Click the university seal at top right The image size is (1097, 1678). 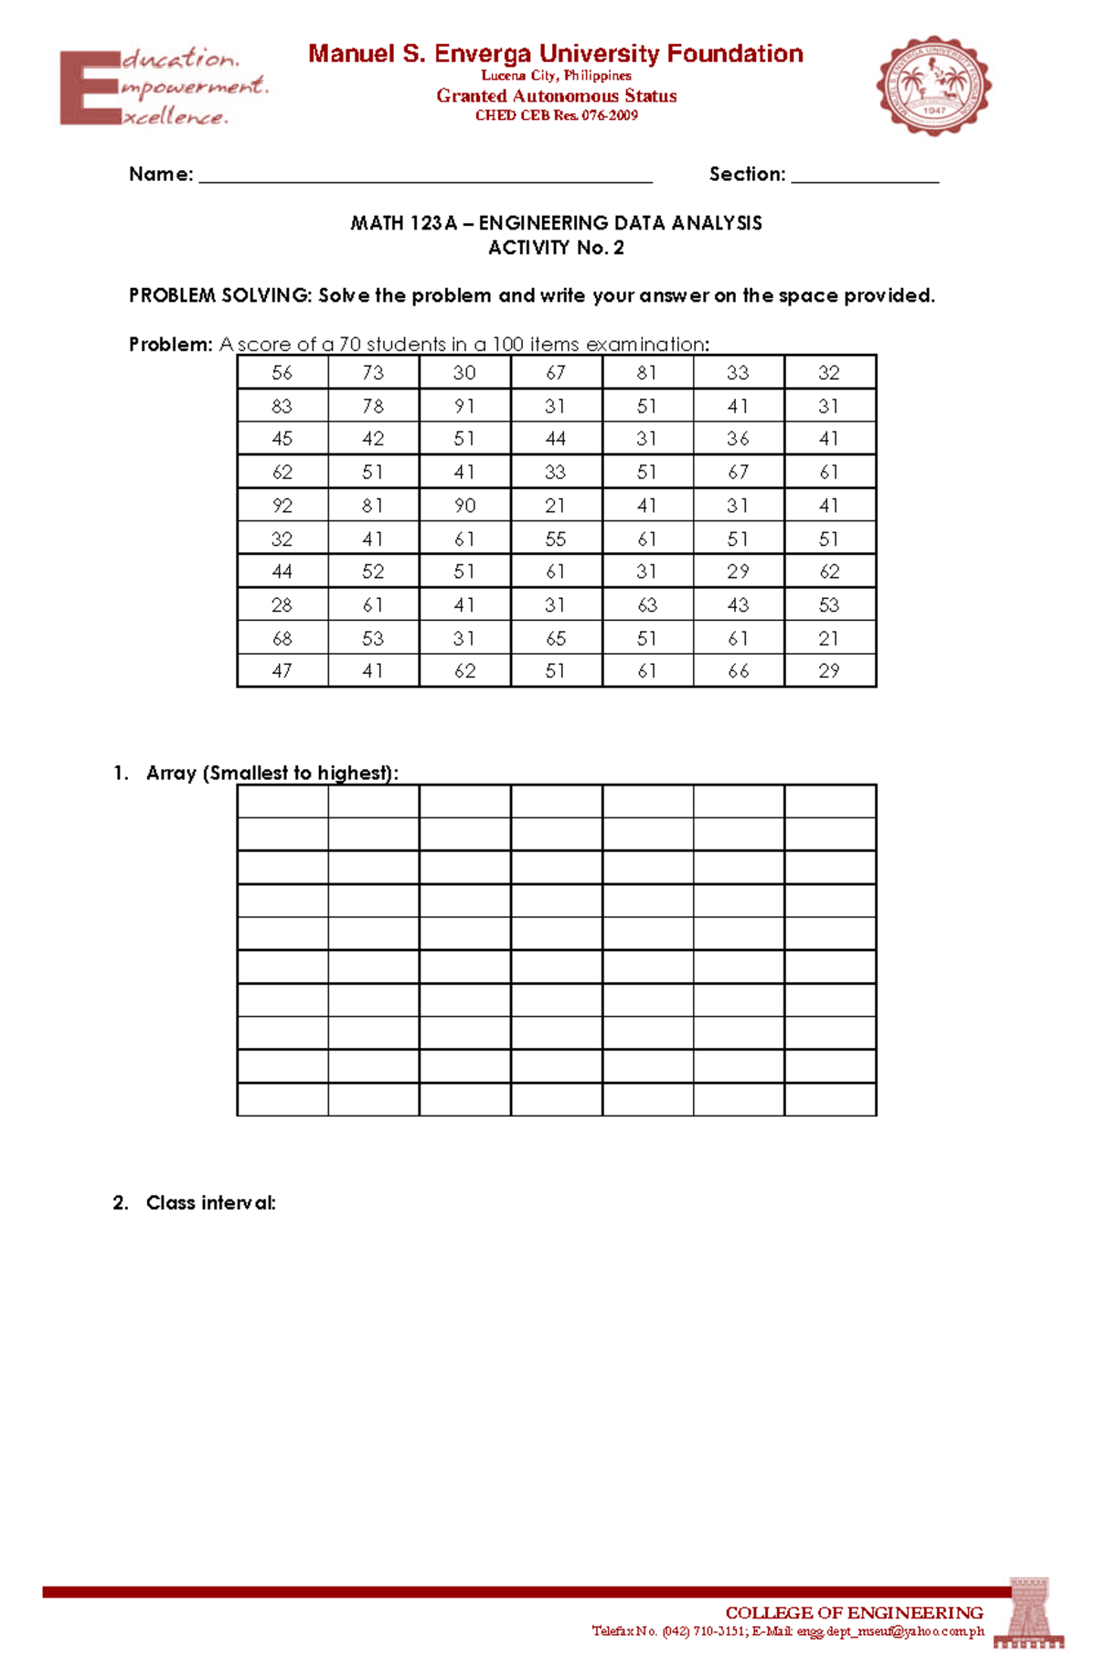click(933, 86)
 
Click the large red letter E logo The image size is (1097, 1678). click(89, 88)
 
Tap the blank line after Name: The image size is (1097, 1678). click(425, 176)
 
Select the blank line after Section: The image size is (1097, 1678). click(865, 176)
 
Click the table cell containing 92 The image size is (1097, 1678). click(282, 506)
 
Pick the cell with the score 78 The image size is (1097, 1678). click(373, 406)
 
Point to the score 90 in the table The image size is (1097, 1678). click(464, 506)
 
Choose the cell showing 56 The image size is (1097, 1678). click(282, 373)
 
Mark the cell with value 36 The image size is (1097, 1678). click(738, 439)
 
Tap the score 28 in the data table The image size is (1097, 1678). click(282, 605)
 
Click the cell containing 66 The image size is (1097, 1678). click(738, 671)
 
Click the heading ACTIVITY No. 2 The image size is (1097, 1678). click(556, 248)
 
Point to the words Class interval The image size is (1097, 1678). click(210, 1203)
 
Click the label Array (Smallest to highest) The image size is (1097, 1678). click(272, 774)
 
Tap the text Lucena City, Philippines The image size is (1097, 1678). click(556, 76)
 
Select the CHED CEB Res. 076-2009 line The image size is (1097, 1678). click(556, 116)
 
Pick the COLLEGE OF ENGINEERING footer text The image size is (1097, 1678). click(854, 1613)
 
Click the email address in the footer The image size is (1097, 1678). click(890, 1631)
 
